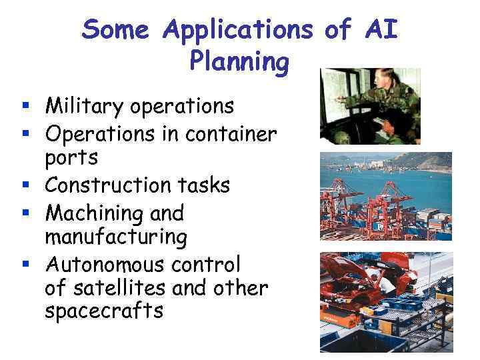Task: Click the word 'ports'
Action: coord(71,159)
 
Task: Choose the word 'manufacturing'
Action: coord(116,237)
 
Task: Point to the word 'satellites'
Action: coord(123,288)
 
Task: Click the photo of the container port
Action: coord(385,196)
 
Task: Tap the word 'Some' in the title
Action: coord(117,29)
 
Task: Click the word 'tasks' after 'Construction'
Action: coord(203,185)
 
